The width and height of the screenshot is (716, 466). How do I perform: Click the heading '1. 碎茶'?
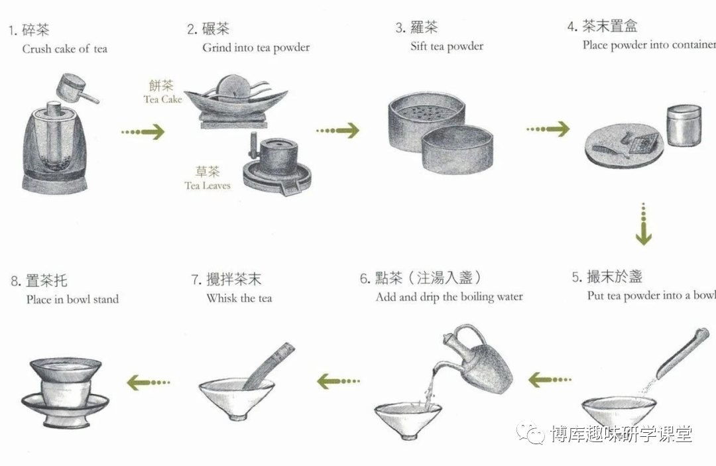point(29,30)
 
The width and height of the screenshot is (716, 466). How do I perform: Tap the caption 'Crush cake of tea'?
point(64,49)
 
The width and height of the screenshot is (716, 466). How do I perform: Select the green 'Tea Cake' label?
point(162,93)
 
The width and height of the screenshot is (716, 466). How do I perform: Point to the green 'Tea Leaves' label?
point(207,179)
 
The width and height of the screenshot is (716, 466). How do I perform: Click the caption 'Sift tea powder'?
point(447,46)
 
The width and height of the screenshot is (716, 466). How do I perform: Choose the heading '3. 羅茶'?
point(416,28)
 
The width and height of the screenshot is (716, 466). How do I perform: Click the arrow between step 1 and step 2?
point(143,132)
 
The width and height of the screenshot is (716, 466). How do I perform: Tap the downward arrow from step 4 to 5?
point(643,225)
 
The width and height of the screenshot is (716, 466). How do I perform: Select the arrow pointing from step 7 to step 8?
point(149,382)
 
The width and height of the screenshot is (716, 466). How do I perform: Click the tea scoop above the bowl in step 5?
point(683,358)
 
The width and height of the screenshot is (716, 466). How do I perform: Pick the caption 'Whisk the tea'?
point(239,298)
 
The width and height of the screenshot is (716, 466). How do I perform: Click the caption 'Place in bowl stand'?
point(72,300)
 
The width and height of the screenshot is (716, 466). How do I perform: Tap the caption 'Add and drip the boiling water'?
point(449,297)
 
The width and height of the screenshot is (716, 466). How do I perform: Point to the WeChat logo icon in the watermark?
point(533,434)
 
